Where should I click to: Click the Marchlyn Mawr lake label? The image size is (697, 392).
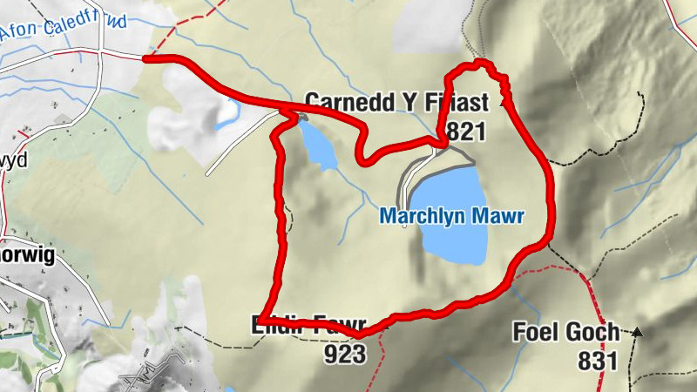tap(452, 217)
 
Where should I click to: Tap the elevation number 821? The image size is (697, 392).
tap(464, 131)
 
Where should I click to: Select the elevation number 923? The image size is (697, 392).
tap(345, 353)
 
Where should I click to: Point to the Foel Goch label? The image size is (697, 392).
tap(565, 332)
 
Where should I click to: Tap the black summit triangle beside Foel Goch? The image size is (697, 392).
tap(638, 332)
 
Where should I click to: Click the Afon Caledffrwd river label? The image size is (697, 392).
tap(63, 30)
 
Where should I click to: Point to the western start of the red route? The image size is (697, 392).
tap(145, 58)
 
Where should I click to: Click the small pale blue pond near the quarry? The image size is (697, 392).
tap(228, 111)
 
